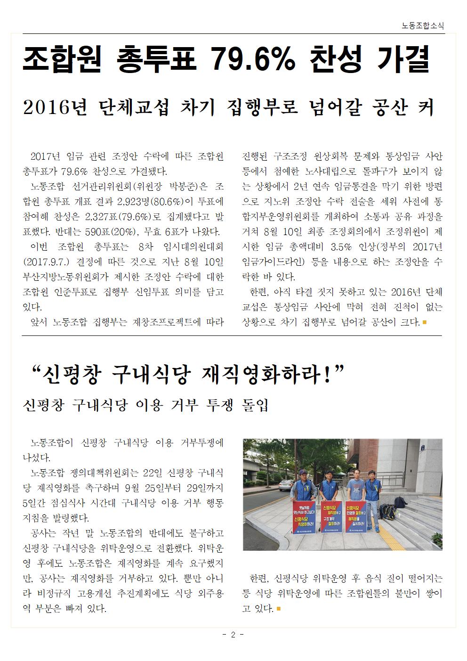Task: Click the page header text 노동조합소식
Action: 423,26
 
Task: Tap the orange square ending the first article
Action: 425,322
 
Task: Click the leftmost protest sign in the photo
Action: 301,515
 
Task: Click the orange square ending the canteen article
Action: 279,609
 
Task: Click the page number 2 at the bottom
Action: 233,635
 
